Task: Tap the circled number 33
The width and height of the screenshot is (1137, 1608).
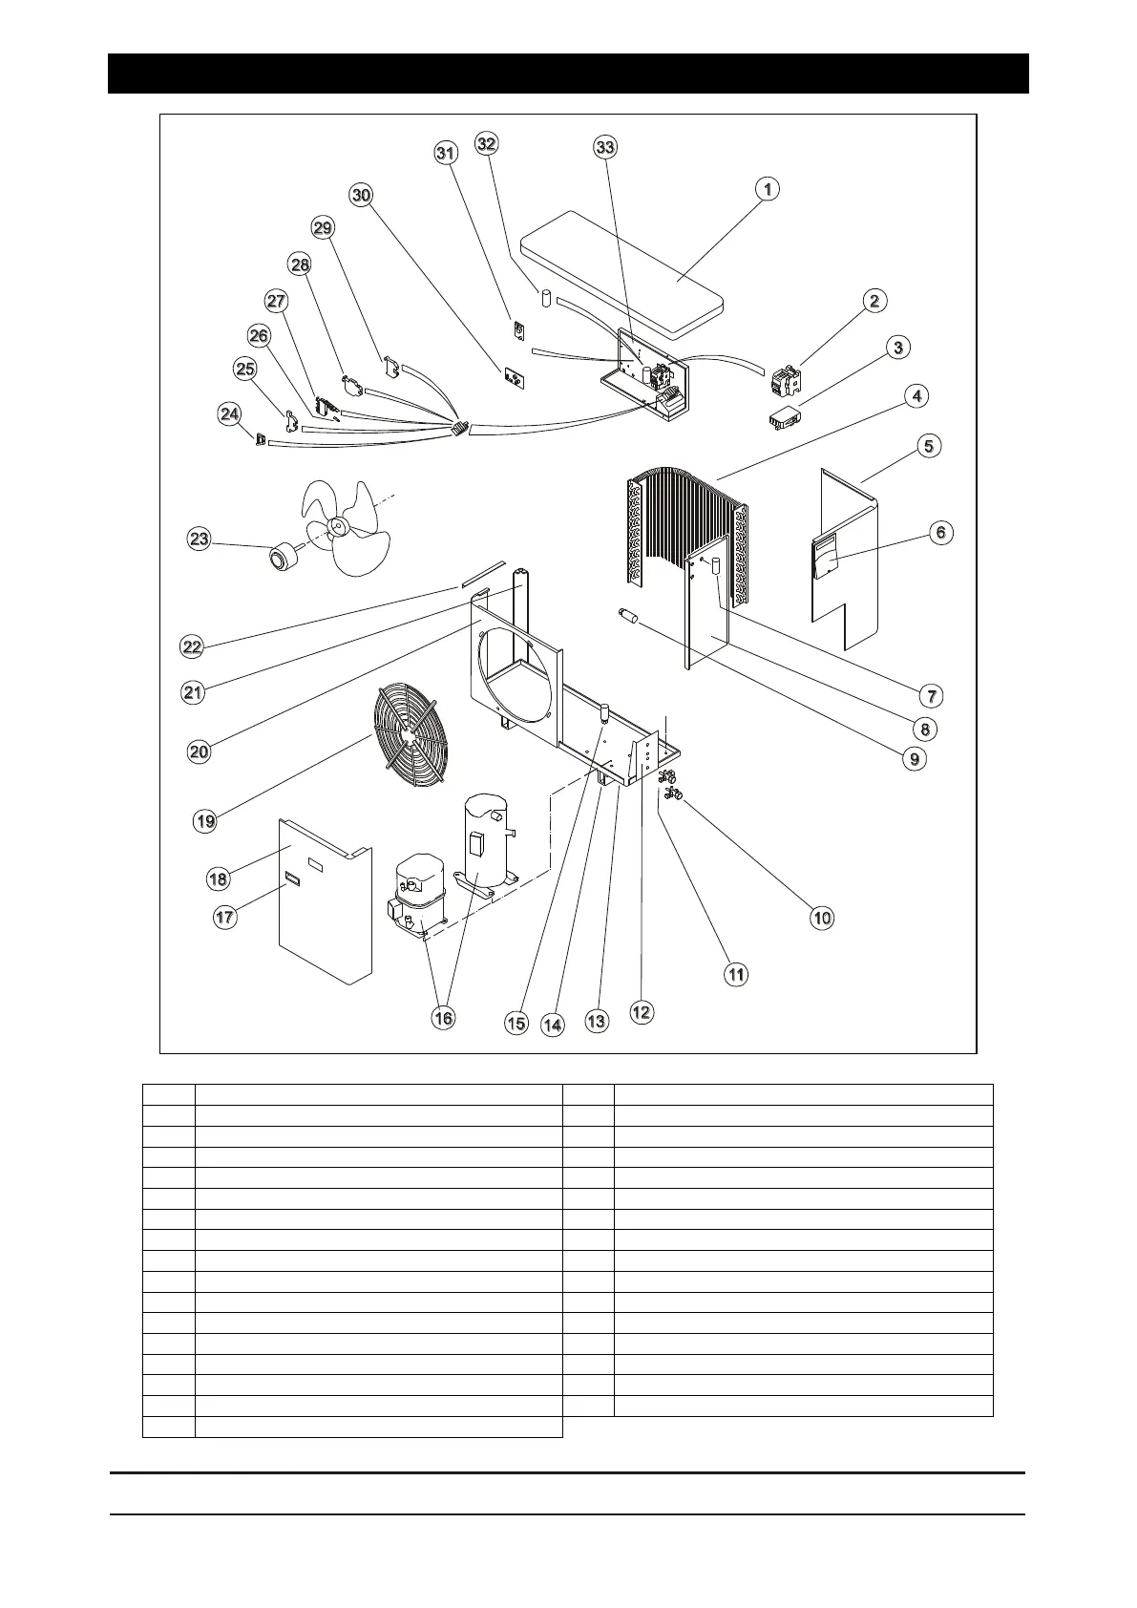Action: [605, 147]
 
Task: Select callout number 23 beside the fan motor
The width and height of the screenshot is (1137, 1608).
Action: [199, 540]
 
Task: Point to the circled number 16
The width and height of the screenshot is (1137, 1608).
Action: [444, 1018]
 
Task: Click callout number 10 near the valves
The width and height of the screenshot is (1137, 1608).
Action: [822, 918]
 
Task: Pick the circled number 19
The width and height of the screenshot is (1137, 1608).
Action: [205, 821]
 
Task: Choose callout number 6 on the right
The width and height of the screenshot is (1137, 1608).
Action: [941, 533]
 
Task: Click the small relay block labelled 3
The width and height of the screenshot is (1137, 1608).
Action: [785, 418]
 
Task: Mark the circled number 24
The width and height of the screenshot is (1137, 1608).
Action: [229, 414]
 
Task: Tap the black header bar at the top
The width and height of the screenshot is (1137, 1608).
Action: [568, 74]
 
